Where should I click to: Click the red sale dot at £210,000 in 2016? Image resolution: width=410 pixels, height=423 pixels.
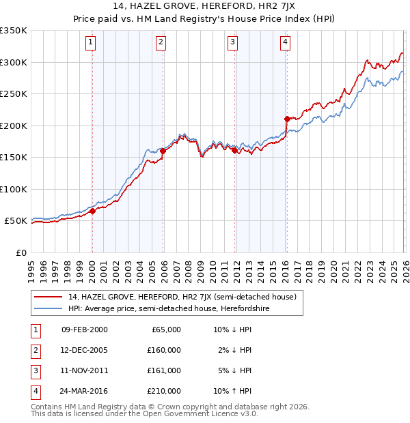(287, 119)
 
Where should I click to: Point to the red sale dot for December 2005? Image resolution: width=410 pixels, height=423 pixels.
(163, 151)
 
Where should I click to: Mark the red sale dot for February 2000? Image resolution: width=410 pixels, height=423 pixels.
(92, 211)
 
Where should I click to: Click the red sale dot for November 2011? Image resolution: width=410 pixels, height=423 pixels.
(234, 150)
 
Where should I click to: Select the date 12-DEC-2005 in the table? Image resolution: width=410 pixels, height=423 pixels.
(84, 349)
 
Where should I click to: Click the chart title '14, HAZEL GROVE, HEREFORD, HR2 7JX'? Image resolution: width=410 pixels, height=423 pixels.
(205, 8)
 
